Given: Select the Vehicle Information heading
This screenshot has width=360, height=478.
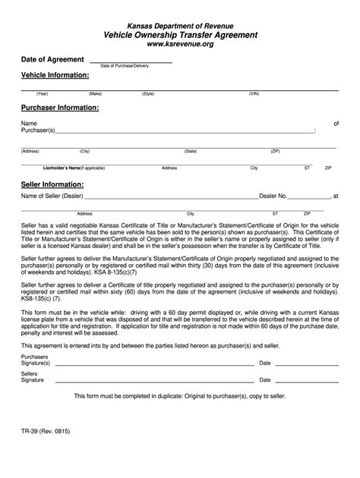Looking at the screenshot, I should pos(55,76).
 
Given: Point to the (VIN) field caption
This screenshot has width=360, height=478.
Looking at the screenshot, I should pos(254,94).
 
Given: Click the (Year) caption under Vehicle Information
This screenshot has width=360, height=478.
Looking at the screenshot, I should pos(42,94).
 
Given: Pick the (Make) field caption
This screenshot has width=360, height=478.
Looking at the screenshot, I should pos(95,94).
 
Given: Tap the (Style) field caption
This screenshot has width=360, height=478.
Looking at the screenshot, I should pos(148,94).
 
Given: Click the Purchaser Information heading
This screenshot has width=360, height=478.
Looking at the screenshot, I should pos(60,108).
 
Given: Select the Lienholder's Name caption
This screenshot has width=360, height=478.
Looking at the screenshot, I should pos(73,168).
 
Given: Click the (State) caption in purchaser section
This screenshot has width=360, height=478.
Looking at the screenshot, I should pos(190,151).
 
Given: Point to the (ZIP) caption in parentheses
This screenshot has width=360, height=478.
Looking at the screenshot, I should pos(276,151).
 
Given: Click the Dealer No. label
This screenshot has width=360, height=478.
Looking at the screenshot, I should pos(273,196).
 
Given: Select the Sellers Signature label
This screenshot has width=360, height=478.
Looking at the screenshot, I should pos(33,377).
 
